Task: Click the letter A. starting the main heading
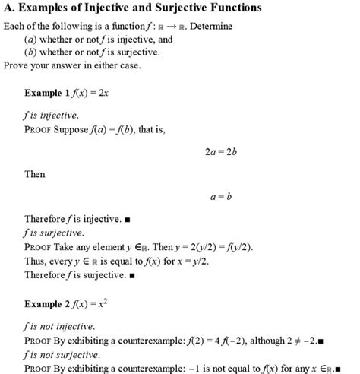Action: [x=10, y=8]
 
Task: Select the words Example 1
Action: [x=51, y=93]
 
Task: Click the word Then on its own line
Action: [x=35, y=174]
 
